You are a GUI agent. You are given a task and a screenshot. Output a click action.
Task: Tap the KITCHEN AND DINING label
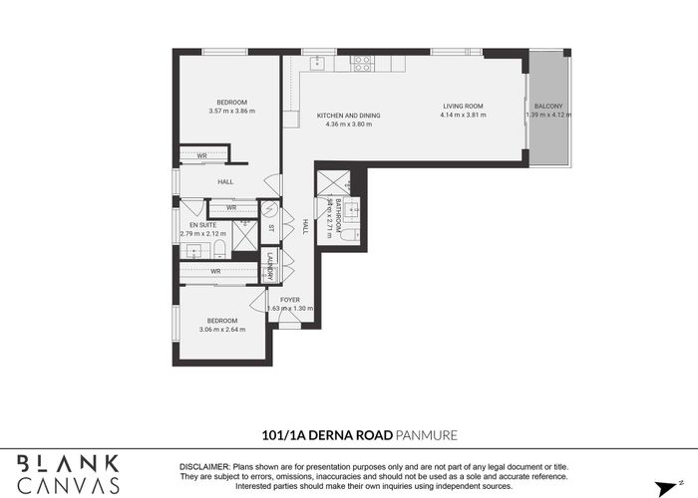pos(349,116)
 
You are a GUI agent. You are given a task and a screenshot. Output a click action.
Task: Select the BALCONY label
pos(547,106)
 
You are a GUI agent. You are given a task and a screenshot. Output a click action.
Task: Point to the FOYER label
pos(290,299)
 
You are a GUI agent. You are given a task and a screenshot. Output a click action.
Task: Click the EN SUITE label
pos(202,224)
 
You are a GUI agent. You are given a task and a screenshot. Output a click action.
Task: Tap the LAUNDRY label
pos(270,265)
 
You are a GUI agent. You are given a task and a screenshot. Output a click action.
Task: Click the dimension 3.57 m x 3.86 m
pos(232,111)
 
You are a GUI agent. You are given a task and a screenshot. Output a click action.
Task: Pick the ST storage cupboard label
pos(270,228)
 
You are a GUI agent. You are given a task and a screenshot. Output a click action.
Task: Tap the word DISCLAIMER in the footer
pos(204,466)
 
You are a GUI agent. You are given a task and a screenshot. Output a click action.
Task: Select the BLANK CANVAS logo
pos(69,474)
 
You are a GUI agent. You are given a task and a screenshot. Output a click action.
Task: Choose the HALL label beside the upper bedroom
pos(225,181)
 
